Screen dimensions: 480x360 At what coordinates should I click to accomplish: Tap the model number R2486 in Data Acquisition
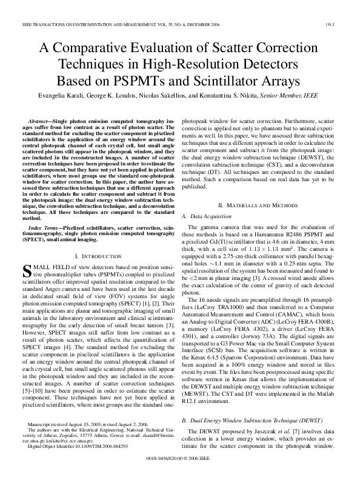295,233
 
